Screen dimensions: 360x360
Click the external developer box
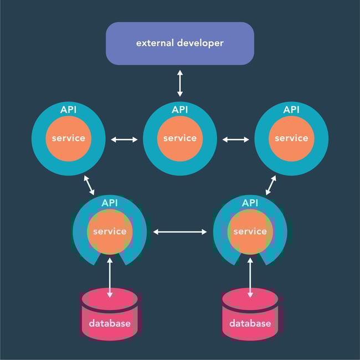pyautogui.click(x=179, y=43)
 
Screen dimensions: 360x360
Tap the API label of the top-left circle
pyautogui.click(x=68, y=110)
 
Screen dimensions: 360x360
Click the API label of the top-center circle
pyautogui.click(x=179, y=110)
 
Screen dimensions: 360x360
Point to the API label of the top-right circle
pyautogui.click(x=291, y=110)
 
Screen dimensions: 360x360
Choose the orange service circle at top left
pyautogui.click(x=68, y=138)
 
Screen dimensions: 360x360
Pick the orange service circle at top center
pyautogui.click(x=179, y=138)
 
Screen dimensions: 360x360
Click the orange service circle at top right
pyautogui.click(x=291, y=138)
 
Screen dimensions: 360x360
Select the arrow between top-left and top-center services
pyautogui.click(x=124, y=140)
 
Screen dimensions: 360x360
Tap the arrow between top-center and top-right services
pyautogui.click(x=235, y=140)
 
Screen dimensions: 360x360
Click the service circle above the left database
pyautogui.click(x=110, y=232)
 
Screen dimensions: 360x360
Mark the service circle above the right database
pyautogui.click(x=250, y=232)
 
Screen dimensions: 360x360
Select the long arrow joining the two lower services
pyautogui.click(x=180, y=232)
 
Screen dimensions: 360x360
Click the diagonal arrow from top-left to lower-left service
pyautogui.click(x=89, y=185)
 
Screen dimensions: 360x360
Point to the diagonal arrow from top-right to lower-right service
pyautogui.click(x=271, y=185)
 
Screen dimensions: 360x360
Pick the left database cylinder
pyautogui.click(x=109, y=315)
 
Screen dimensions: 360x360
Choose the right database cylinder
pyautogui.click(x=250, y=315)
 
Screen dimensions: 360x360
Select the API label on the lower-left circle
pyautogui.click(x=110, y=203)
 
